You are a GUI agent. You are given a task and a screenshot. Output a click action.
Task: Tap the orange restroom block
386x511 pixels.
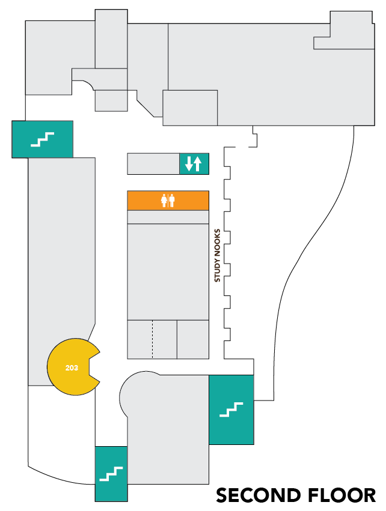click(x=168, y=201)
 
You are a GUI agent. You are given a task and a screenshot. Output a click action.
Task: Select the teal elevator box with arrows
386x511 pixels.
click(x=194, y=163)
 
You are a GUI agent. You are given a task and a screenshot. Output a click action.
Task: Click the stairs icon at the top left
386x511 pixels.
click(x=43, y=139)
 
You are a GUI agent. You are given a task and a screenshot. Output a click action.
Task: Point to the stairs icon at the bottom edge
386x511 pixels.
click(x=111, y=474)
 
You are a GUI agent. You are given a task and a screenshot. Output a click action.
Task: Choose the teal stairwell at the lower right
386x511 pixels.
click(x=231, y=410)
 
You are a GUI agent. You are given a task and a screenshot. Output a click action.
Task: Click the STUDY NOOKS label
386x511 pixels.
click(x=218, y=255)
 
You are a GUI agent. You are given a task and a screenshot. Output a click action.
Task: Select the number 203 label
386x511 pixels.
click(x=72, y=367)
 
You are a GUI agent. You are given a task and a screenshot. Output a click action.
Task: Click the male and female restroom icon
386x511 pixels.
click(x=168, y=201)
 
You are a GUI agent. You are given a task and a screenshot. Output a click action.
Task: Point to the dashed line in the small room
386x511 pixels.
click(x=152, y=339)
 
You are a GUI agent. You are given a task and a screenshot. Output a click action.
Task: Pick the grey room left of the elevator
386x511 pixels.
click(x=153, y=163)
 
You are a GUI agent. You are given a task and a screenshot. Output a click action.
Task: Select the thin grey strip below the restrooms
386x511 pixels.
click(x=168, y=217)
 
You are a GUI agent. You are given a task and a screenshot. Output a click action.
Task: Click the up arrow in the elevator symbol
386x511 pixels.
click(x=197, y=163)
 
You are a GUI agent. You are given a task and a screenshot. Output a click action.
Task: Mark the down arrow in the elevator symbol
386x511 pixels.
click(x=189, y=163)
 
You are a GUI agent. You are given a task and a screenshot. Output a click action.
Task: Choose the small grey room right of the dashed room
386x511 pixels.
click(x=192, y=339)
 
